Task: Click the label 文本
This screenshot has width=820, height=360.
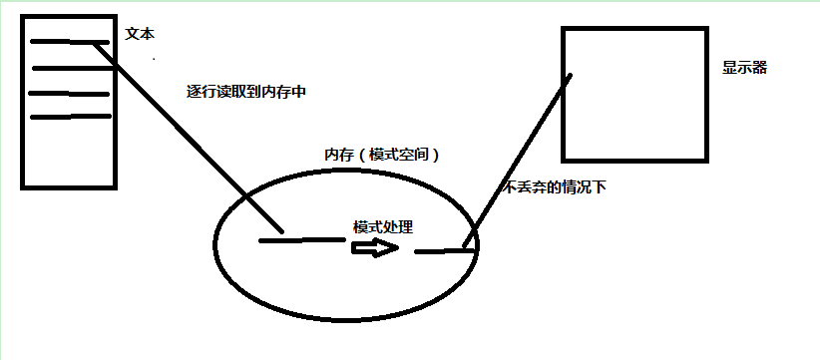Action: coord(140,34)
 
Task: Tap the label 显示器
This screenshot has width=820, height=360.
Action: coord(745,68)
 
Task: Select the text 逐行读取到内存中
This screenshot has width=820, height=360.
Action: coord(245,92)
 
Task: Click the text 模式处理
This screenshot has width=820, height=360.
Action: coord(383,227)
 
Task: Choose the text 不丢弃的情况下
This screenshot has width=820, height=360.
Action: coord(555,187)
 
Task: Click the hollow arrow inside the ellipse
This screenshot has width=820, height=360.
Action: coord(376,247)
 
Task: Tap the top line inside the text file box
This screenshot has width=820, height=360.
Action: coord(70,42)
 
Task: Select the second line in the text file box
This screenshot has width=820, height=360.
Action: coord(73,68)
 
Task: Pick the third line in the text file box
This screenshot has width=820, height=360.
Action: coord(69,94)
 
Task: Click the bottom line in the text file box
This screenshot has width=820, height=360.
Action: coord(71,116)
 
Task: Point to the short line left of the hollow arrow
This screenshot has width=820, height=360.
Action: coord(302,239)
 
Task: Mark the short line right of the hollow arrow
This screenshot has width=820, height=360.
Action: coord(445,250)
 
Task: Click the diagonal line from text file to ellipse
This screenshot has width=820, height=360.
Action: coord(189,138)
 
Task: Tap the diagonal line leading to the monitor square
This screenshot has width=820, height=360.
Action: coord(517,161)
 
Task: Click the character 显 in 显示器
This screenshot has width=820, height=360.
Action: coord(730,68)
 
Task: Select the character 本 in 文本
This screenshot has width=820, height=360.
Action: coord(148,34)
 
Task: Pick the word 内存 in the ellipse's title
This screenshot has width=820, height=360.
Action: coord(339,156)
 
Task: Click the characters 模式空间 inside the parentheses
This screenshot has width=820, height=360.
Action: coord(398,156)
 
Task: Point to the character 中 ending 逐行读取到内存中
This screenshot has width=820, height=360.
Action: coord(298,92)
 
